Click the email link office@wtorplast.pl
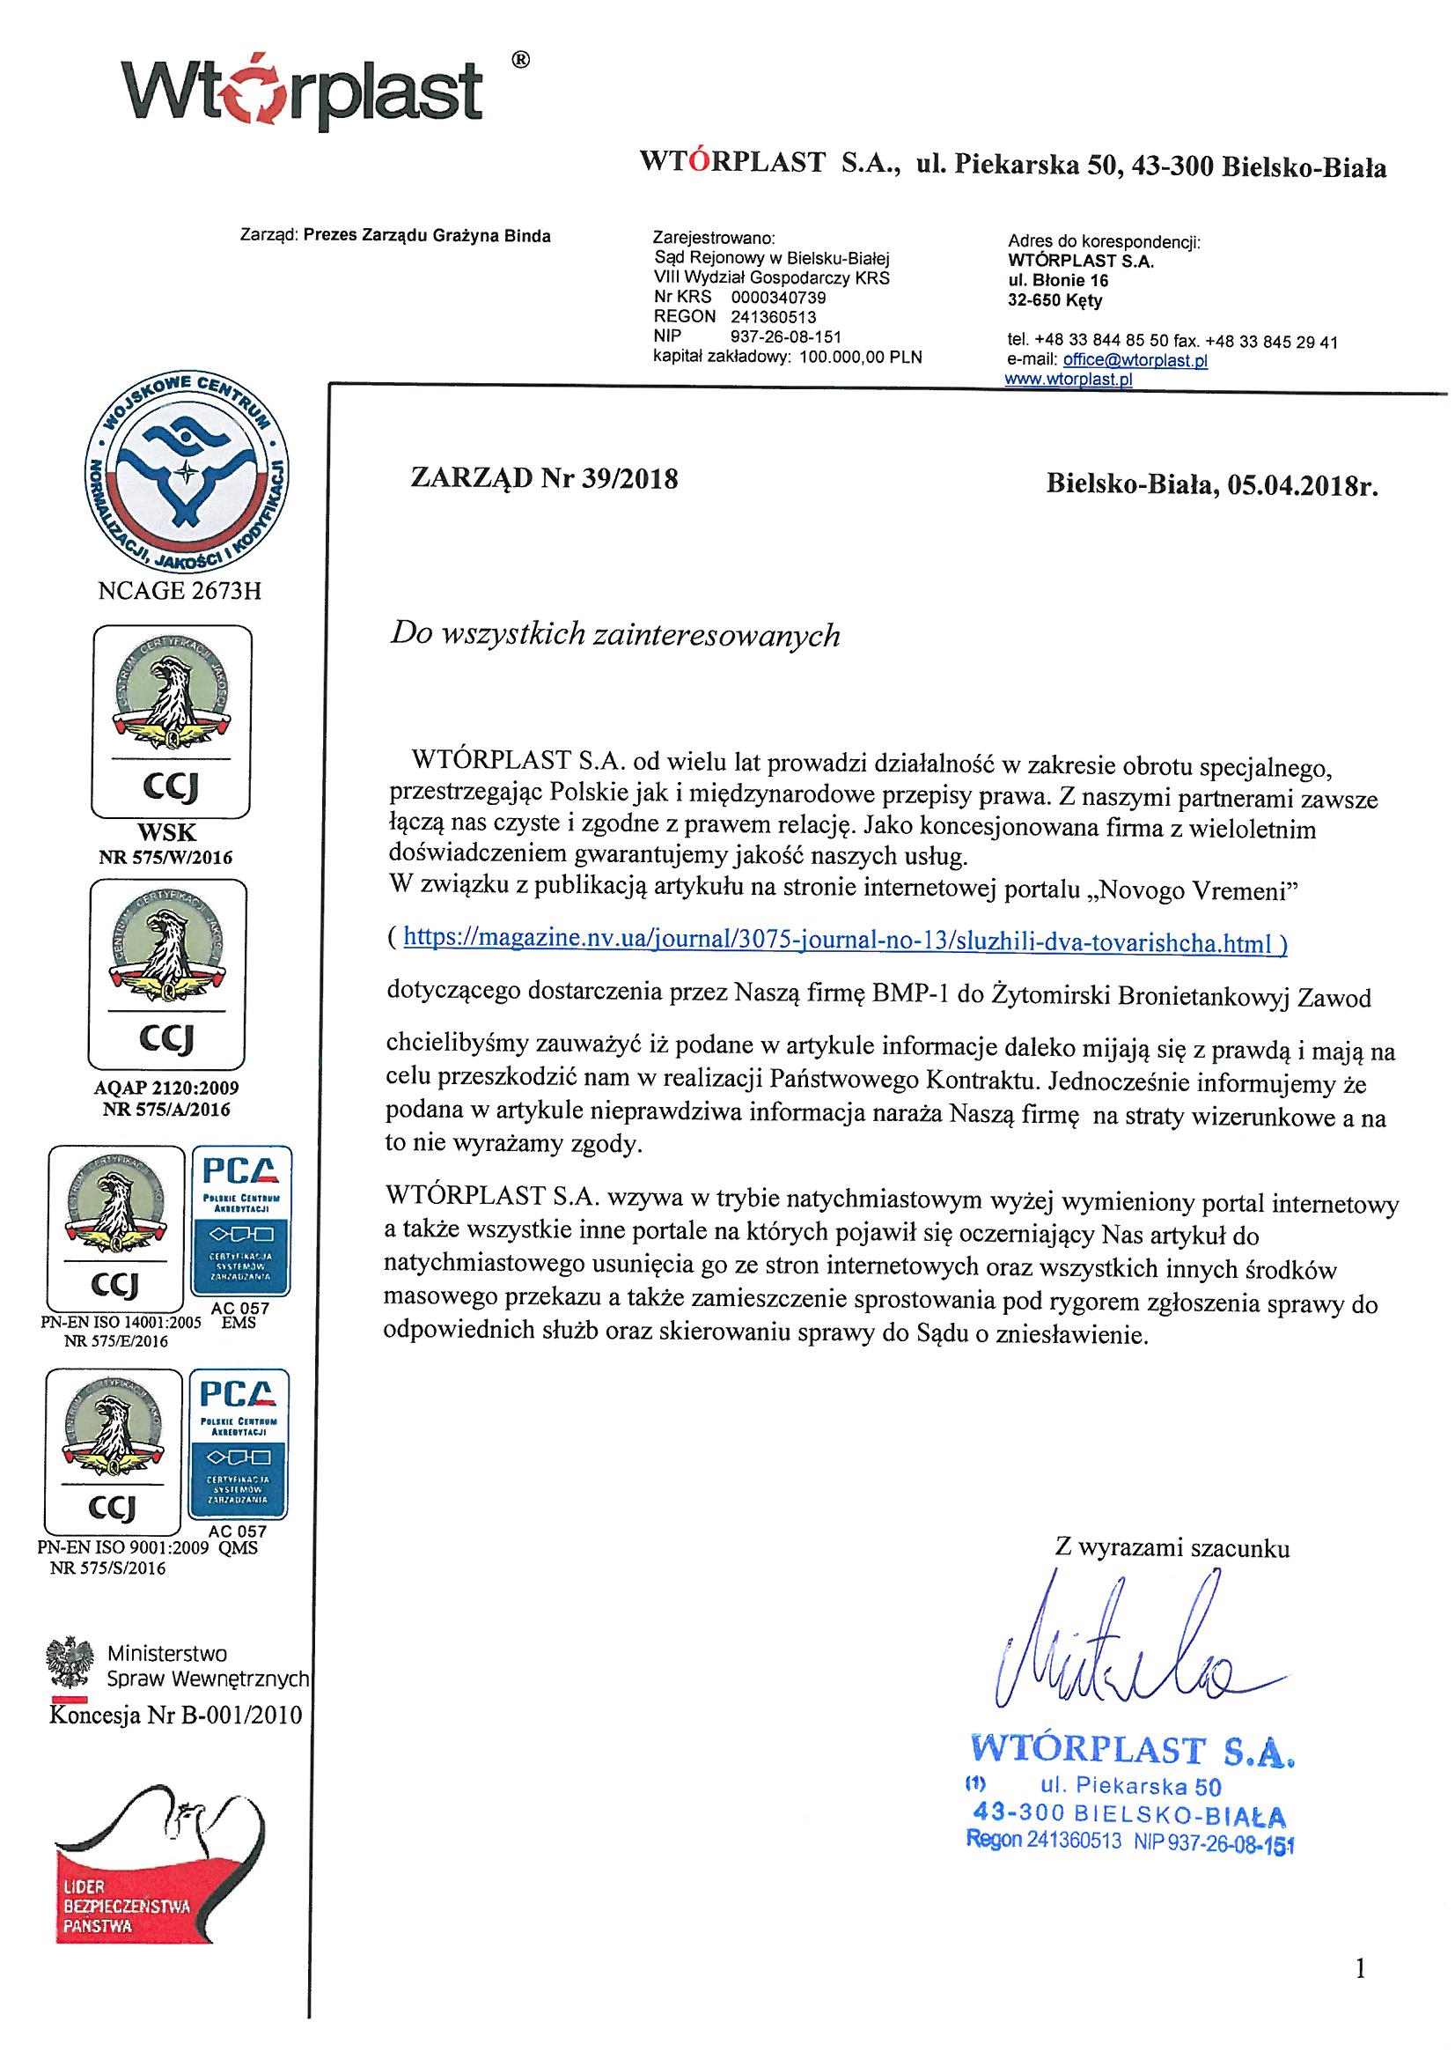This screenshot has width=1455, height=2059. [x=1135, y=360]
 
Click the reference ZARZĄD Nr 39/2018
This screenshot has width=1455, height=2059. [x=544, y=479]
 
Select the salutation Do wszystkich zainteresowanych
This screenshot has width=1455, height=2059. [x=615, y=636]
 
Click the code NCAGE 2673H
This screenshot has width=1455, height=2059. [x=179, y=591]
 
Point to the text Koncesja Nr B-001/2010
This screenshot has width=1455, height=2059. [x=176, y=1716]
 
